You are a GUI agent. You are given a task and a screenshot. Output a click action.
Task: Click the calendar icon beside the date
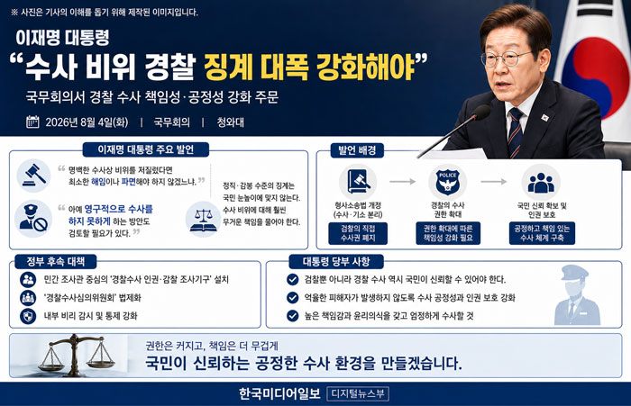[32, 122]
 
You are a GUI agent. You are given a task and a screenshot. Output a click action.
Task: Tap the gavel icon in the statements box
[34, 176]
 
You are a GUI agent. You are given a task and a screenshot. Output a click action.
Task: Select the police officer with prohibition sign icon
[34, 219]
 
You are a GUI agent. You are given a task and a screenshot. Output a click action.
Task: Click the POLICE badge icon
[447, 182]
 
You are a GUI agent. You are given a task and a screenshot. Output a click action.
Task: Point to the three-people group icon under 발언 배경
[541, 183]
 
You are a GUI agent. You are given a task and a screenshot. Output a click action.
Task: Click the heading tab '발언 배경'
[357, 150]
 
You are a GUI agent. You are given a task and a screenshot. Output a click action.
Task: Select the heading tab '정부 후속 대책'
[56, 262]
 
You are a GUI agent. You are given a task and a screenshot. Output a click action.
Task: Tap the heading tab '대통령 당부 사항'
[336, 262]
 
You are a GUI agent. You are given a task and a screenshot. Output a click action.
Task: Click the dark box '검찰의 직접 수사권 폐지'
[358, 233]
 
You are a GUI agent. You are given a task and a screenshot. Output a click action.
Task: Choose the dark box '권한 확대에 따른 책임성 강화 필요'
[448, 233]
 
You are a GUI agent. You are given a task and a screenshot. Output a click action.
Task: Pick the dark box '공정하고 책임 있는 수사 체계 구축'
[542, 233]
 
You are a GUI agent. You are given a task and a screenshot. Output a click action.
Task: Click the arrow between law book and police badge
[402, 182]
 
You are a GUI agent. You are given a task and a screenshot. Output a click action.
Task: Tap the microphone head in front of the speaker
[480, 113]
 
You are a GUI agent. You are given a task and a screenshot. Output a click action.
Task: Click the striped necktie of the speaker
[515, 131]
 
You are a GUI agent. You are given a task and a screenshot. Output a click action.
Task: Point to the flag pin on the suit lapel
[544, 118]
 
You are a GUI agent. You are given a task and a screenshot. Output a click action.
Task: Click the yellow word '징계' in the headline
[227, 67]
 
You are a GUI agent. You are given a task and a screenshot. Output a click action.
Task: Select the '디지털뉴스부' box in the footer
[358, 393]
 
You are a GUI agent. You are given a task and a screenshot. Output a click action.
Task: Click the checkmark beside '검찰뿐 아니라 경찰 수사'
[293, 279]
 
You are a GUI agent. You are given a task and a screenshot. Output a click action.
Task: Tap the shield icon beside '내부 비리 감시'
[28, 316]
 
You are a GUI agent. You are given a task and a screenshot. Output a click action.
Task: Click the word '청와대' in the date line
[230, 122]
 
